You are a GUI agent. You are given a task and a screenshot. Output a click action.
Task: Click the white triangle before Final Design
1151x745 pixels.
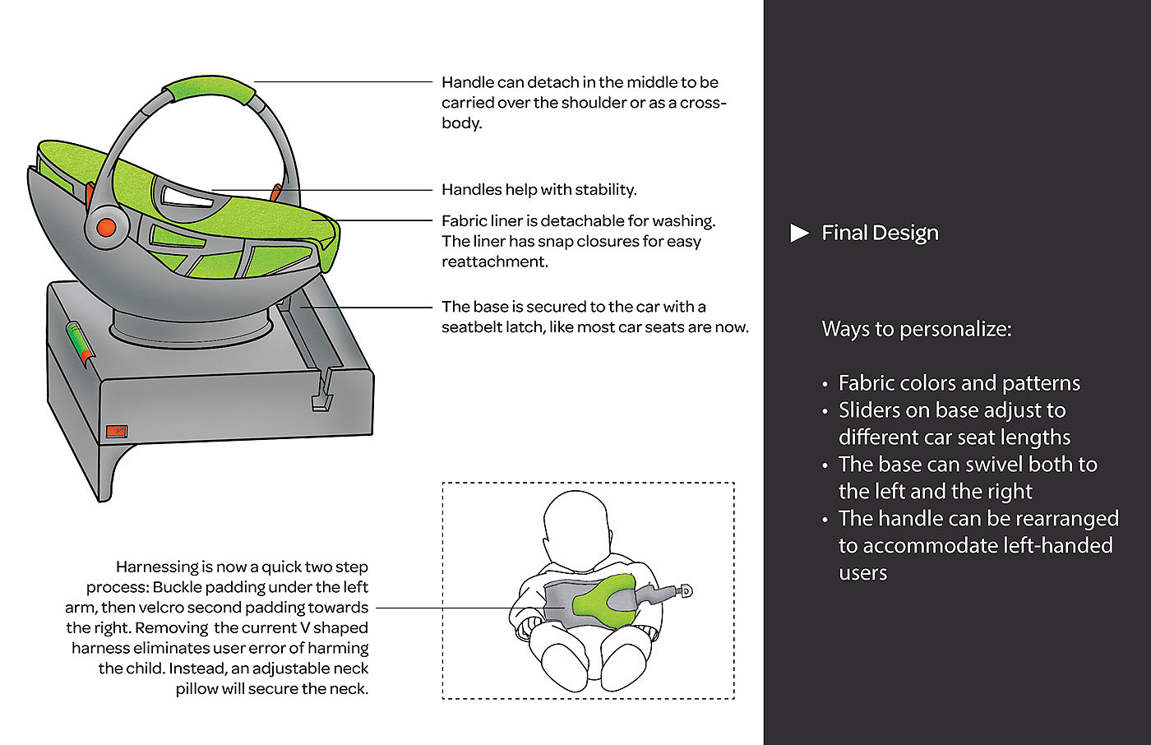(798, 233)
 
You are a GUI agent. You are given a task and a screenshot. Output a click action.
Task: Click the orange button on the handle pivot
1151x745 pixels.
(106, 227)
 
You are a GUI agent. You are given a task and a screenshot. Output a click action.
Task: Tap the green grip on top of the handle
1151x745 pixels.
(209, 88)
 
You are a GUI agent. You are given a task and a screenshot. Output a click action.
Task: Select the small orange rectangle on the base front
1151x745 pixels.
(117, 431)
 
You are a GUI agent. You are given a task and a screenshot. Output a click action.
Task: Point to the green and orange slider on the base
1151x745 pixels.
(80, 343)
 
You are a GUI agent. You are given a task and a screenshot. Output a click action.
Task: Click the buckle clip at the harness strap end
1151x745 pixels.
(685, 591)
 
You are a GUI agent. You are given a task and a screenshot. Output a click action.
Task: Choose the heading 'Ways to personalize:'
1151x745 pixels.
(917, 329)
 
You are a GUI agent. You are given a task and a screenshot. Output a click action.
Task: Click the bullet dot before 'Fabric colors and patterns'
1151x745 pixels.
(825, 384)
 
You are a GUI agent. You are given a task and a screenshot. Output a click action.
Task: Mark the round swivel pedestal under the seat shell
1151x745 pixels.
(191, 326)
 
